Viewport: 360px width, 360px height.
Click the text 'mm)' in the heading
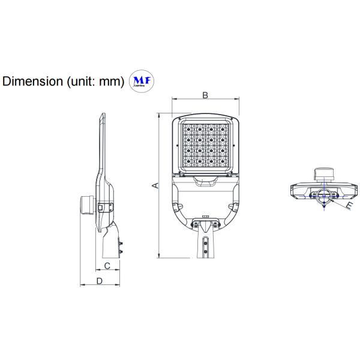(x=112, y=82)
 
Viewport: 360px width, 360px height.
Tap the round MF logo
(x=140, y=82)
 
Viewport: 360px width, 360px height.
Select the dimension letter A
(x=155, y=186)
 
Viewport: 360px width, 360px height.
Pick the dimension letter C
(x=107, y=265)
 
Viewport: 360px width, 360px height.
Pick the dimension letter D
(x=100, y=280)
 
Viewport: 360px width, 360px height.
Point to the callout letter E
(x=350, y=206)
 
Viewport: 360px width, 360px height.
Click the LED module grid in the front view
(x=205, y=145)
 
